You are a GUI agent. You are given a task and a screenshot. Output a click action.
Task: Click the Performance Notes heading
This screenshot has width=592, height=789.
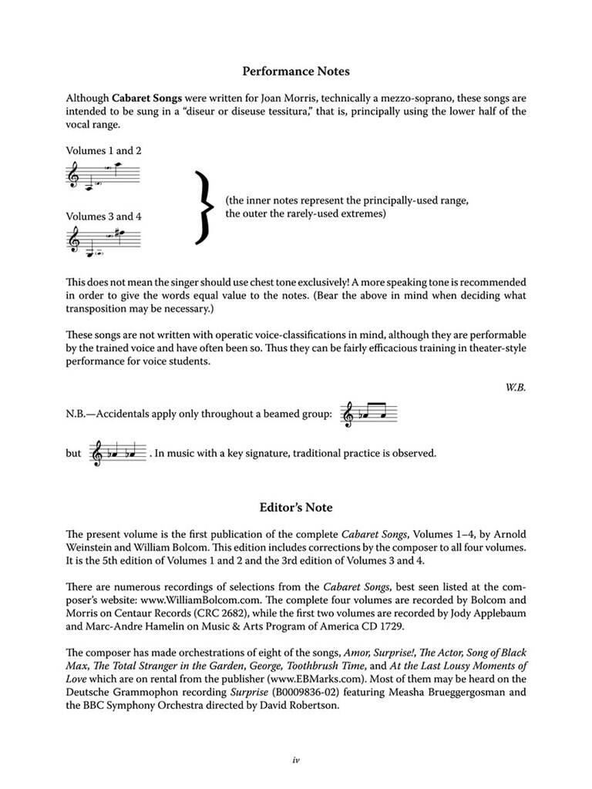coord(296,72)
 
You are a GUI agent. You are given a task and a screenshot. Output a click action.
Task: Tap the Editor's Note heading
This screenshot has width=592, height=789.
coord(296,508)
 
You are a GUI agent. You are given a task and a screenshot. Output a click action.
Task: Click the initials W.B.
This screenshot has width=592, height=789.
coord(516,388)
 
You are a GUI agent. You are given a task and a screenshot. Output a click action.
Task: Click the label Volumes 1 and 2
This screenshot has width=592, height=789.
coord(103,151)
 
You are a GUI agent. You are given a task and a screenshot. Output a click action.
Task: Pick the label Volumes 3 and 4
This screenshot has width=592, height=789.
coord(103,217)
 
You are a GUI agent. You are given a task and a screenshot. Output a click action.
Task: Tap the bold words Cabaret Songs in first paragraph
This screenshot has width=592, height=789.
coord(144,99)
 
